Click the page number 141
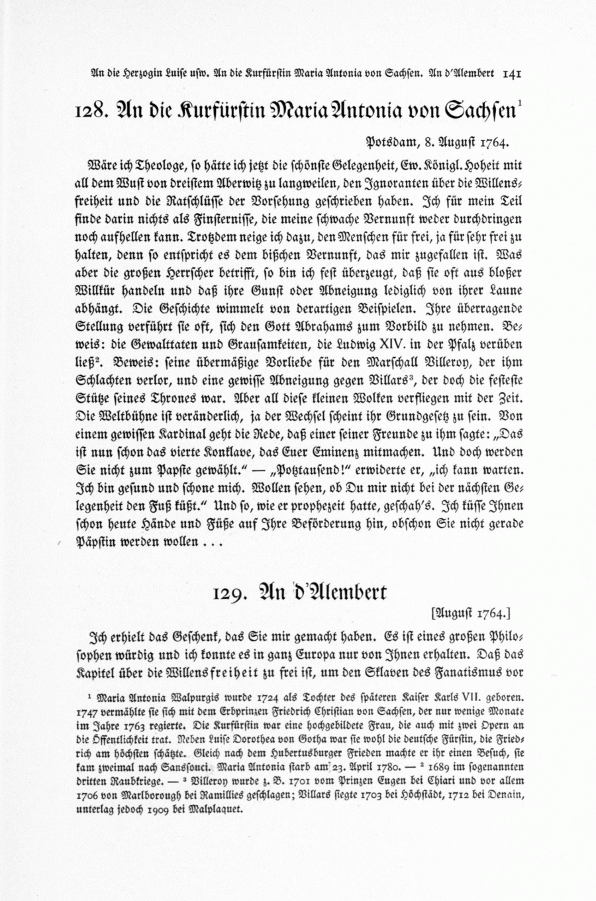(513, 74)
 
